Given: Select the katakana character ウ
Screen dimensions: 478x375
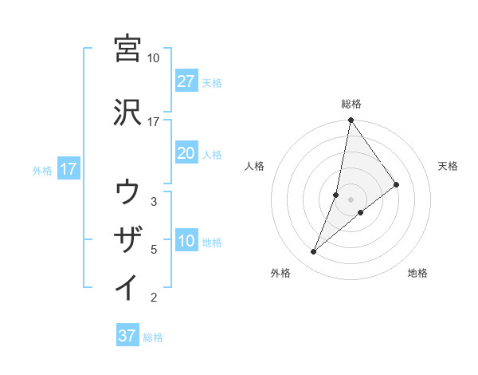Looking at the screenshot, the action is pyautogui.click(x=127, y=192).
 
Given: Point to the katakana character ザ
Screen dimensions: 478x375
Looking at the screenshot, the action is pyautogui.click(x=127, y=239).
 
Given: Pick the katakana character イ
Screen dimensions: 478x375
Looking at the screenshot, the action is pyautogui.click(x=127, y=287).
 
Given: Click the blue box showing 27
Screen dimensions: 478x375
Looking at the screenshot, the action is pyautogui.click(x=186, y=81).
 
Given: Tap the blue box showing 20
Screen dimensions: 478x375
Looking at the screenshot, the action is pyautogui.click(x=186, y=154).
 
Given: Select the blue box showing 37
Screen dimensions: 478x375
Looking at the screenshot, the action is pyautogui.click(x=127, y=336).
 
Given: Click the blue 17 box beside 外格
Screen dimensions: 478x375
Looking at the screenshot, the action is pyautogui.click(x=69, y=169).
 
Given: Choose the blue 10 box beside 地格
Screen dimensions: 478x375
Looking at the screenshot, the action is pyautogui.click(x=186, y=242).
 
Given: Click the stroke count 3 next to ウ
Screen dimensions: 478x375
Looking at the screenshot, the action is pyautogui.click(x=154, y=201).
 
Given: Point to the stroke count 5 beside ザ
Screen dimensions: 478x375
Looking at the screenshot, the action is pyautogui.click(x=154, y=249).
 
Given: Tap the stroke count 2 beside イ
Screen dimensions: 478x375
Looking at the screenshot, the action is pyautogui.click(x=154, y=298).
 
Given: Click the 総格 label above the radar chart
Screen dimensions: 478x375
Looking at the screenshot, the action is pyautogui.click(x=351, y=104).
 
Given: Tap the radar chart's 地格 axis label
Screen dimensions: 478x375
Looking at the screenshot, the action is pyautogui.click(x=417, y=273).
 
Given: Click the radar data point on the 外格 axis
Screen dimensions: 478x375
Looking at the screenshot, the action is pyautogui.click(x=313, y=252).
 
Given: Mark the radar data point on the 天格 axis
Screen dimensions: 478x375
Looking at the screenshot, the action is pyautogui.click(x=397, y=184).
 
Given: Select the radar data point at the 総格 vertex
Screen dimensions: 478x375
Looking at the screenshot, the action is pyautogui.click(x=351, y=120).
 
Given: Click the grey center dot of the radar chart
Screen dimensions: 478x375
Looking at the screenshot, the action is pyautogui.click(x=351, y=199).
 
